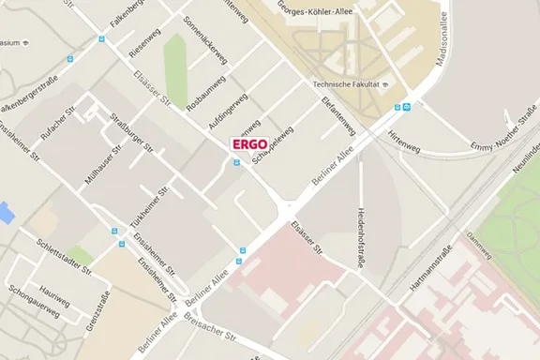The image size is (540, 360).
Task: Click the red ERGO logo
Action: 250,144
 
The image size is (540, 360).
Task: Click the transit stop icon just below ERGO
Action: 236,160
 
